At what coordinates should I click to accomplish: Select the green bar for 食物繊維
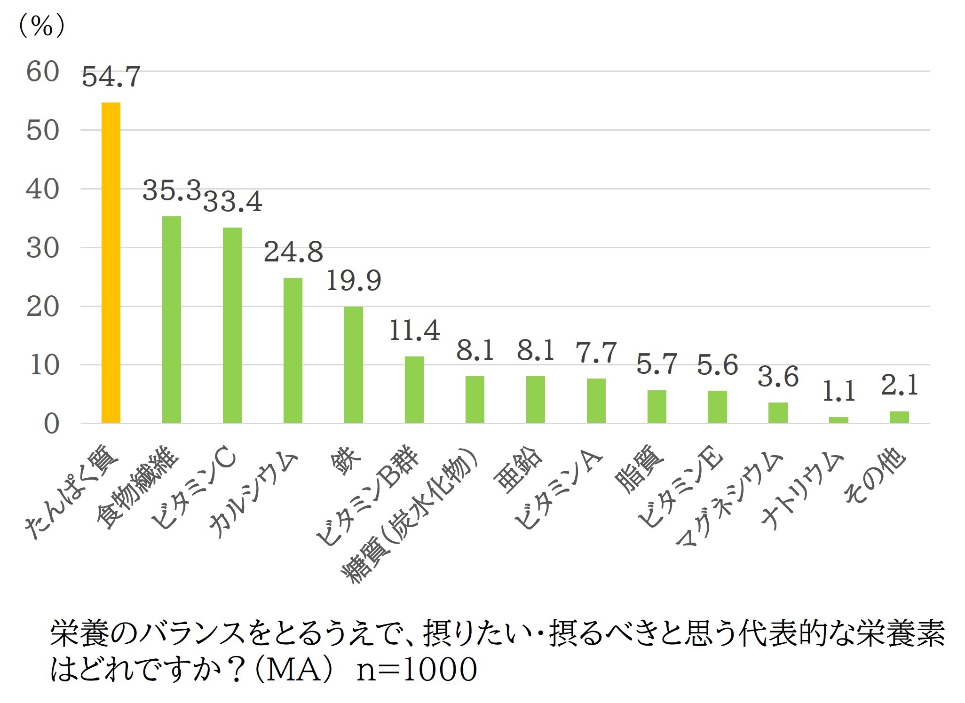coord(172,320)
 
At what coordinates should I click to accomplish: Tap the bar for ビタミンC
coord(232,325)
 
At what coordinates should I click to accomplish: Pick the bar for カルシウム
coord(293,350)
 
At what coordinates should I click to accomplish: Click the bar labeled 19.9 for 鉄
coord(354,365)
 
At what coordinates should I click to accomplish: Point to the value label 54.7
coord(111,77)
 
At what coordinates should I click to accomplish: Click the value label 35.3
coord(171,191)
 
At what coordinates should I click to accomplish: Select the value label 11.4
coord(414,331)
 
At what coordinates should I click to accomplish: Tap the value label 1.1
coord(838,392)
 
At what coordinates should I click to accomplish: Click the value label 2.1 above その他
coord(899,386)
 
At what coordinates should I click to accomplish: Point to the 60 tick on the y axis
coord(43,72)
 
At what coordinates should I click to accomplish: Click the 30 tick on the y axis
coord(43,248)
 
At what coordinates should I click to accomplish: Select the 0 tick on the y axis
coord(51,424)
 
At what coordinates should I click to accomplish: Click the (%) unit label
coord(41,25)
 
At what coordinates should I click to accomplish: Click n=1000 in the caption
coord(417,670)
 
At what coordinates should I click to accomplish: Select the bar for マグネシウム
coord(778,413)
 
